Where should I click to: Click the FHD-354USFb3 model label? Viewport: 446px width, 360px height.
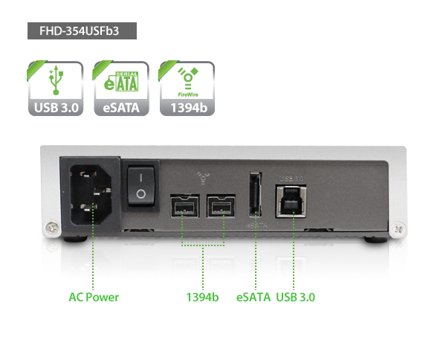[x=82, y=30]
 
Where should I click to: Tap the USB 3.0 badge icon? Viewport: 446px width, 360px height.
[x=56, y=89]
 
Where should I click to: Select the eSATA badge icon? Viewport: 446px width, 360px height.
[x=121, y=89]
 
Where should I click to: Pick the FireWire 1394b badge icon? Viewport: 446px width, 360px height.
[x=187, y=89]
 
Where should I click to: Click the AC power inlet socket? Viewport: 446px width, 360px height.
[x=91, y=194]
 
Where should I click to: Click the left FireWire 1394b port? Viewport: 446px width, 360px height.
[x=184, y=206]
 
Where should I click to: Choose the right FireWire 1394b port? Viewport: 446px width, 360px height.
[x=221, y=206]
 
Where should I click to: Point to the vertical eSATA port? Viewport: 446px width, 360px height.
[x=256, y=194]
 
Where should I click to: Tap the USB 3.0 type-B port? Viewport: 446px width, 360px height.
[x=291, y=201]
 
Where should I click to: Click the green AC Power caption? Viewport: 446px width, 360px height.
[x=94, y=297]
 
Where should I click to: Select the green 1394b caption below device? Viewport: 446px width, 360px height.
[x=202, y=297]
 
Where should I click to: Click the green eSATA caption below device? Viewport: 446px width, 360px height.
[x=253, y=297]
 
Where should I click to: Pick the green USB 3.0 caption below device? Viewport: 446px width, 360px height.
[x=296, y=297]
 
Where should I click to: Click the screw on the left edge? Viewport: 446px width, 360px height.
[x=53, y=228]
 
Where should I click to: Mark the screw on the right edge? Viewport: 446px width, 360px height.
[x=398, y=228]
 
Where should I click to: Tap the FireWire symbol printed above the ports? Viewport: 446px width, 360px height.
[x=203, y=178]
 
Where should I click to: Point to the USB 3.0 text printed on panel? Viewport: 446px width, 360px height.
[x=291, y=179]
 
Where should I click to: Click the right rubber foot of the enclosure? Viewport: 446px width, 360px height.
[x=375, y=240]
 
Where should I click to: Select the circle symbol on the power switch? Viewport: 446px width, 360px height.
[x=140, y=194]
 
